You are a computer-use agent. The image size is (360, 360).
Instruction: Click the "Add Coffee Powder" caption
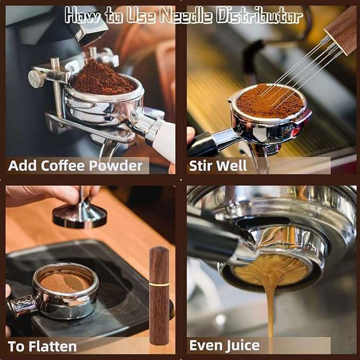pos(75,166)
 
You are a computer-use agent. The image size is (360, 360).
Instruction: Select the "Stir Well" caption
pos(218,166)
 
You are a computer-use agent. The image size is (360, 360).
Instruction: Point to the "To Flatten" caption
pos(42,347)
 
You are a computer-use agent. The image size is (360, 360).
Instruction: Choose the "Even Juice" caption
pos(224,346)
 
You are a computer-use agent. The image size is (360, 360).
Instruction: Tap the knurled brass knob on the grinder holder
pos(38,79)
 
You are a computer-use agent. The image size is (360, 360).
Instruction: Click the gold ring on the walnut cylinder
pos(159,285)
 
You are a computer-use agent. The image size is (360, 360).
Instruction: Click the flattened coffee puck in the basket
pos(65,281)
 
